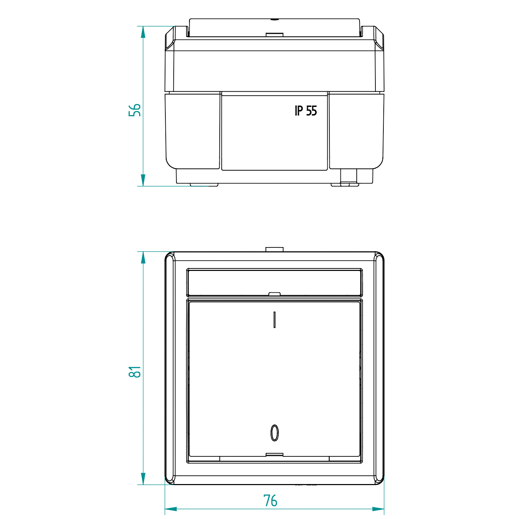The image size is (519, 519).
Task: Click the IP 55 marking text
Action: click(x=306, y=111)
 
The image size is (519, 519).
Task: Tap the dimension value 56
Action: click(x=135, y=110)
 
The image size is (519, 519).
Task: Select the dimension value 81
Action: click(x=135, y=372)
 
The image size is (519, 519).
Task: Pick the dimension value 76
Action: click(x=270, y=501)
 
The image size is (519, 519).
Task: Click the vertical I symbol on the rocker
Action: click(x=274, y=320)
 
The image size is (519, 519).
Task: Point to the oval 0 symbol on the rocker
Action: click(x=274, y=433)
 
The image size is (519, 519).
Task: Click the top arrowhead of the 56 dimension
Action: click(x=143, y=32)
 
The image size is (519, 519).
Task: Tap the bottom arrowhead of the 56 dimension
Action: click(x=143, y=180)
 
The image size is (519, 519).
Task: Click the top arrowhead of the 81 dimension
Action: click(x=143, y=257)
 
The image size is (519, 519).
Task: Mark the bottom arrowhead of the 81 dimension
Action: click(x=143, y=479)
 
